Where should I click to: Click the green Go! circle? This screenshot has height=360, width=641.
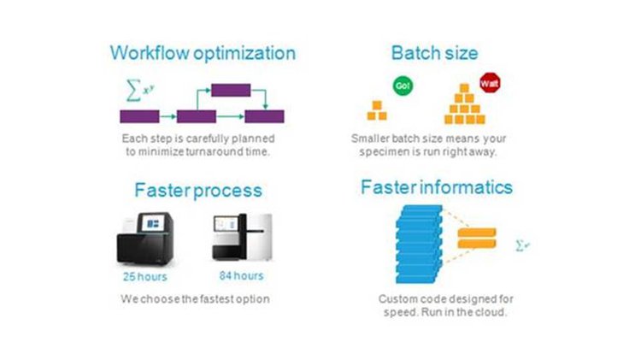(403, 86)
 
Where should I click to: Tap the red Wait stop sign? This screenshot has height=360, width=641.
(490, 83)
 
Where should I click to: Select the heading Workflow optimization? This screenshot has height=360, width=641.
(203, 53)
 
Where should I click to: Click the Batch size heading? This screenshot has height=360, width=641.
(434, 53)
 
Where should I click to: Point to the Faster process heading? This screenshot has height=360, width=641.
(198, 191)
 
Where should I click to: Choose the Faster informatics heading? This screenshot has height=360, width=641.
(437, 187)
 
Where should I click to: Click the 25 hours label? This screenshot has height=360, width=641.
(145, 277)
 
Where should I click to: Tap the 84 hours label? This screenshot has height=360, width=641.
(241, 275)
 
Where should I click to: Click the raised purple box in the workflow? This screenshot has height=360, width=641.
(231, 90)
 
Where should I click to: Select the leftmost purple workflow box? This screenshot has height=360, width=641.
(140, 116)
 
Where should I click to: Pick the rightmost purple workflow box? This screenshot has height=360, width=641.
(264, 116)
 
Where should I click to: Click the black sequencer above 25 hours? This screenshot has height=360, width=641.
(145, 239)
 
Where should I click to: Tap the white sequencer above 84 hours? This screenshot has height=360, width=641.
(242, 237)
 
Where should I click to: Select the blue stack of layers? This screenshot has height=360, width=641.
(419, 245)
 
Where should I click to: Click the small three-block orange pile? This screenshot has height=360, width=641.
(377, 110)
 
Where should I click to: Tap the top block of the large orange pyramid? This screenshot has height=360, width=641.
(464, 88)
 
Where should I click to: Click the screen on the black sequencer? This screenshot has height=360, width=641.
(153, 223)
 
